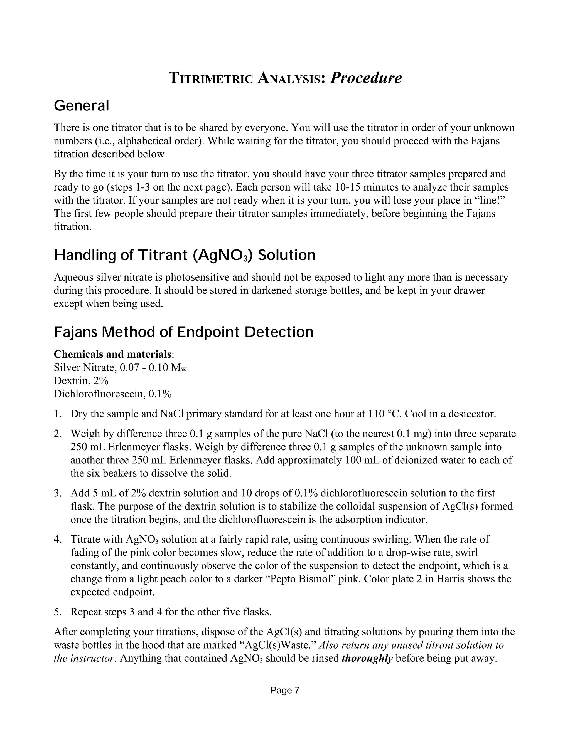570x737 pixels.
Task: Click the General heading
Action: coord(81,106)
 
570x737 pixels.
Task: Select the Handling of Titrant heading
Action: coord(184,255)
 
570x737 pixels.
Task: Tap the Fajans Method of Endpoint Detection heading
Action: coord(183,332)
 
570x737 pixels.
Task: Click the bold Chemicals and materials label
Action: coord(112,354)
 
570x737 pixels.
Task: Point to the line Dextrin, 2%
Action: coord(81,381)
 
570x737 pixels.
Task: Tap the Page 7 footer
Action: coord(285,691)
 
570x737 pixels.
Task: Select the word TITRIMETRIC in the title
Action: coord(211,79)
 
